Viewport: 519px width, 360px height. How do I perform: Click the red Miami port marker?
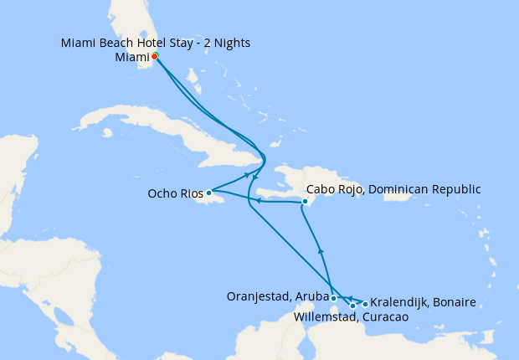click(155, 56)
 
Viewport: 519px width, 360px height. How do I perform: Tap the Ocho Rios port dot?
click(209, 193)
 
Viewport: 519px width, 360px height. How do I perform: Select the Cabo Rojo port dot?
click(306, 201)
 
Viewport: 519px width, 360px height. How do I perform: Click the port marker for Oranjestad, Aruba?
click(333, 297)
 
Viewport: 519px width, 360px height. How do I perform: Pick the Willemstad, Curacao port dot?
click(352, 306)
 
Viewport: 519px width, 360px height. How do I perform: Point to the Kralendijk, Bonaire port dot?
click(365, 304)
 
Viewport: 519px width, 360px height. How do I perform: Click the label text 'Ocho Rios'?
click(176, 193)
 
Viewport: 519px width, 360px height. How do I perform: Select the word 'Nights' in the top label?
click(230, 43)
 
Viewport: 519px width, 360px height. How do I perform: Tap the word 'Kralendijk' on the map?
click(400, 301)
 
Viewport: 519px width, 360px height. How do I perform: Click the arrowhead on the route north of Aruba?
click(321, 250)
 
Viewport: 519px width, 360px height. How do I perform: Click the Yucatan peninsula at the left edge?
click(17, 167)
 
